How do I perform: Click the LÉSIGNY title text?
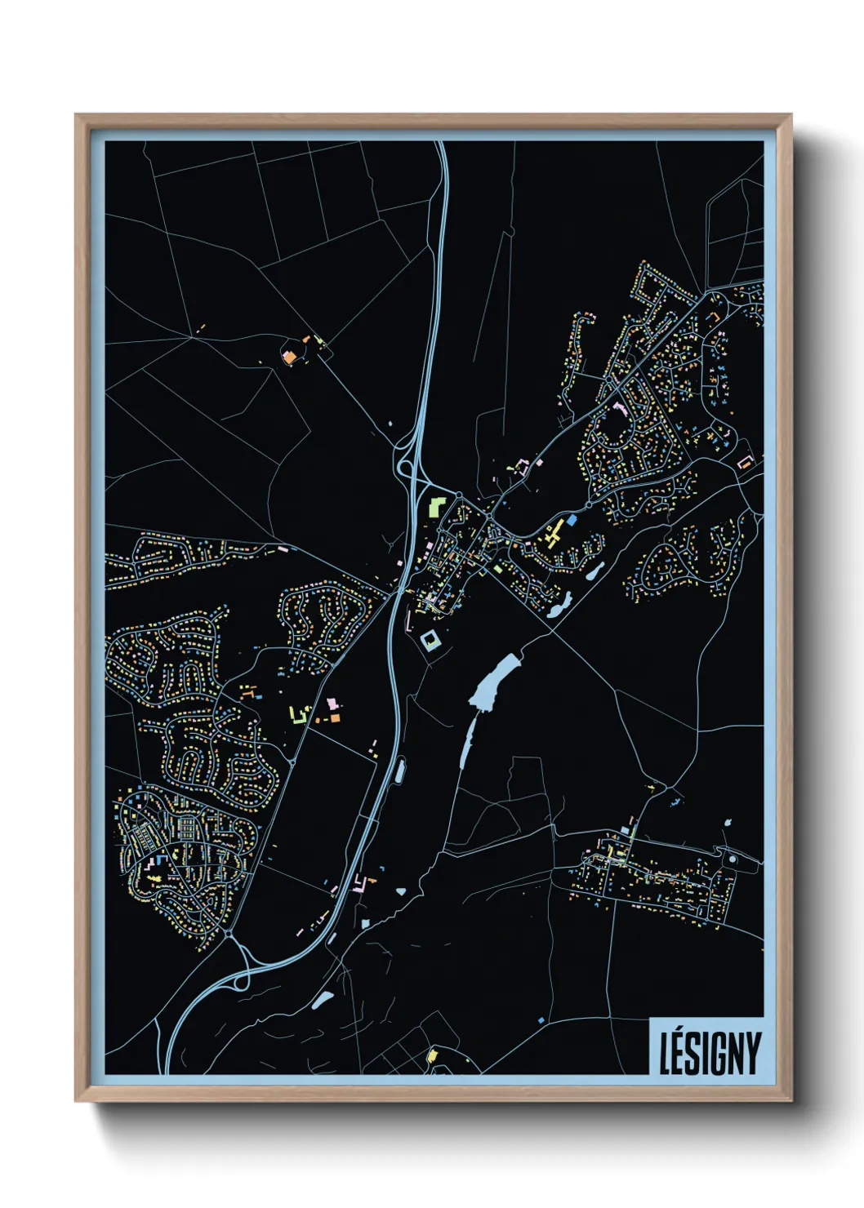pyautogui.click(x=709, y=1053)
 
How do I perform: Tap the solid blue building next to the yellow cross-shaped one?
pyautogui.click(x=572, y=519)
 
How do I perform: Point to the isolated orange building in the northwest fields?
pyautogui.click(x=288, y=356)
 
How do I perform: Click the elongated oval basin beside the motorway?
pyautogui.click(x=400, y=769)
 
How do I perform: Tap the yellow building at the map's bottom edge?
pyautogui.click(x=433, y=1055)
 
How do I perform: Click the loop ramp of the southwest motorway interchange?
pyautogui.click(x=241, y=980)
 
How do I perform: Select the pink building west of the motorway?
pyautogui.click(x=332, y=704)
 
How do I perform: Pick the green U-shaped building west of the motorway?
pyautogui.click(x=298, y=715)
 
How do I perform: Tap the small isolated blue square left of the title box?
pyautogui.click(x=541, y=1020)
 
